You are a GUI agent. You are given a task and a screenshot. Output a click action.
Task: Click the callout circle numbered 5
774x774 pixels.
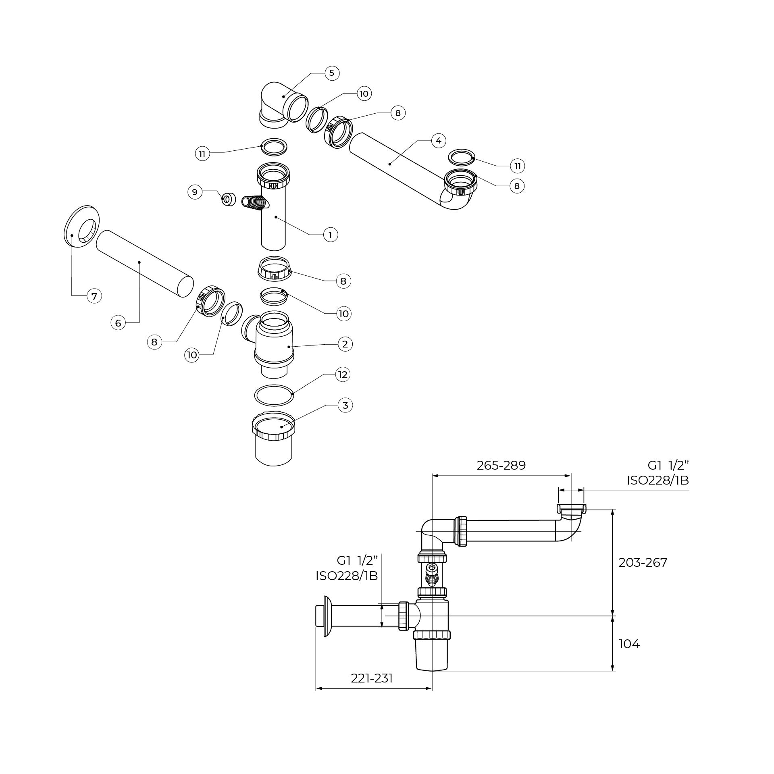click(x=332, y=73)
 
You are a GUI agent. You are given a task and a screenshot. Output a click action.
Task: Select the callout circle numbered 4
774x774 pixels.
click(x=439, y=141)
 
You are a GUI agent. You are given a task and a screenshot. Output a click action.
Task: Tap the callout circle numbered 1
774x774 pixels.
click(x=331, y=235)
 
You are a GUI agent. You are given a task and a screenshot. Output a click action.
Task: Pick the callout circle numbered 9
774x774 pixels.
click(x=195, y=192)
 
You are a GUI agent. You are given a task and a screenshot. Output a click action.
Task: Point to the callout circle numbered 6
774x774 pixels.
click(x=118, y=323)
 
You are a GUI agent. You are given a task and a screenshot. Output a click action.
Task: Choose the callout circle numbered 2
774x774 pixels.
click(x=345, y=344)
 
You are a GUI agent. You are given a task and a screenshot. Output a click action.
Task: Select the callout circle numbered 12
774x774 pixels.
click(x=343, y=375)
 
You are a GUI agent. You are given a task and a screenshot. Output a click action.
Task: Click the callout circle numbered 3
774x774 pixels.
click(x=345, y=405)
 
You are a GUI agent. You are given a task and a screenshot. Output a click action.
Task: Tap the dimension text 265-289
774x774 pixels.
click(x=501, y=466)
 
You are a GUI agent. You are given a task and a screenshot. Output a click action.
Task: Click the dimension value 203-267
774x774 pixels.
click(x=643, y=562)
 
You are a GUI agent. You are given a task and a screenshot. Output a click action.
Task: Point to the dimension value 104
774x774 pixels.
click(x=629, y=644)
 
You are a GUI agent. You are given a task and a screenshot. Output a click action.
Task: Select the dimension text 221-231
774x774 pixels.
click(x=372, y=678)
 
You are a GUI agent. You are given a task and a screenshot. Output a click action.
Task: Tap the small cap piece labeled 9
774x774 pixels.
click(x=229, y=199)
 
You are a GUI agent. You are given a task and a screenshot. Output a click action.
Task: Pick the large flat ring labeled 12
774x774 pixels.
click(x=274, y=395)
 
